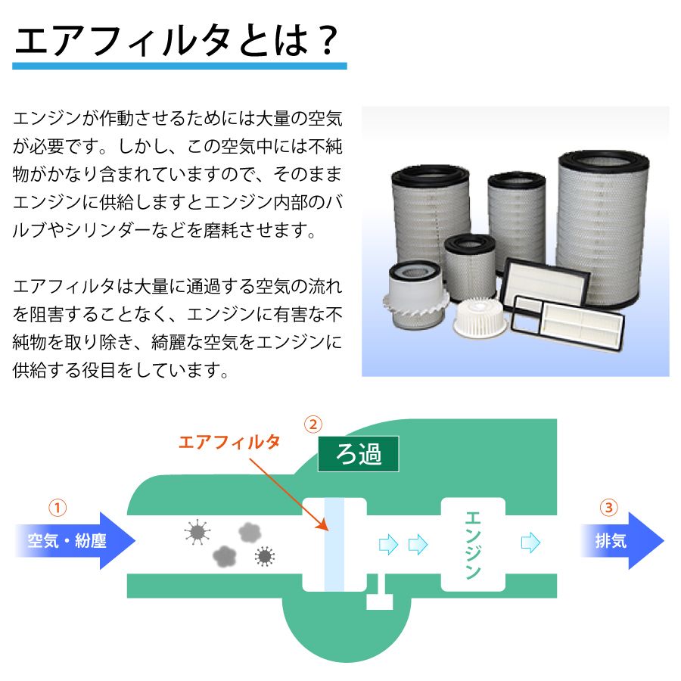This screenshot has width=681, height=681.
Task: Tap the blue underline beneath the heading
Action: coord(179,66)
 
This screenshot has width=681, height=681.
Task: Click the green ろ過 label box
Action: coord(359,454)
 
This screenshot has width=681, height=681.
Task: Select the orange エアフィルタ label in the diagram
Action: coord(229,442)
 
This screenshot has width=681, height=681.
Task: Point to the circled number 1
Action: coord(58,507)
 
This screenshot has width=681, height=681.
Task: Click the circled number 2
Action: coord(313,424)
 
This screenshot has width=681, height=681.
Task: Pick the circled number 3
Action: coord(608,507)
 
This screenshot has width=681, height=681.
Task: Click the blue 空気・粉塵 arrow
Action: coord(75,541)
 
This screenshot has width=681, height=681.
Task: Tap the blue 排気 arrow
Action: coord(623,541)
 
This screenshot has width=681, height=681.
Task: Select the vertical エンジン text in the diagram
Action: coord(473,545)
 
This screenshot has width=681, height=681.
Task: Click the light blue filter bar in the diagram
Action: coord(334,545)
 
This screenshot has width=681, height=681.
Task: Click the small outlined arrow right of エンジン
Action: coord(530,543)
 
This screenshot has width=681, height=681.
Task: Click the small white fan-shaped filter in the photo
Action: coord(480,318)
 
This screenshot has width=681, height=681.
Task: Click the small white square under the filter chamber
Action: coord(380,602)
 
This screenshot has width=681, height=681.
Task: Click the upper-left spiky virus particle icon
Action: coord(197,532)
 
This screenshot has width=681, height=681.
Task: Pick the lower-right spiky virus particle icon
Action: coord(265,556)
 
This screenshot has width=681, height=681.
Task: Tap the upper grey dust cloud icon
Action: coord(250,533)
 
